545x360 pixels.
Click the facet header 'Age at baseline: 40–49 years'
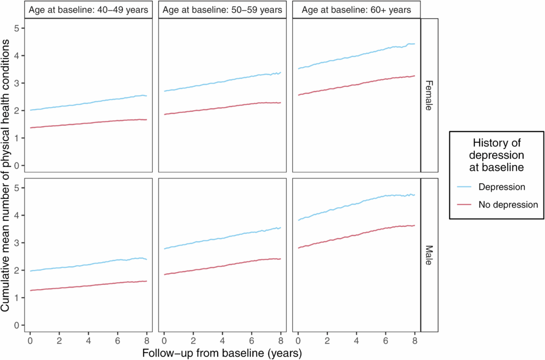(x=89, y=10)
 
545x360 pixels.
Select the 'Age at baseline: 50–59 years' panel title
(x=222, y=10)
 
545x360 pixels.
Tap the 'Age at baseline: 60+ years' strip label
(x=357, y=10)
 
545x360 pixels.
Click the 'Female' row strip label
(x=429, y=95)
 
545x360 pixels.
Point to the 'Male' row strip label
(x=429, y=255)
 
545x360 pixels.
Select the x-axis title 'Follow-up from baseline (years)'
(x=222, y=353)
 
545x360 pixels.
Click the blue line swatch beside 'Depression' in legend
(x=465, y=187)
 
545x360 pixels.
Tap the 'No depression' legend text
(x=508, y=204)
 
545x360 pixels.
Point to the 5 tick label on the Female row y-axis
(x=16, y=28)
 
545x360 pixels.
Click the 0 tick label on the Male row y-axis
(x=16, y=325)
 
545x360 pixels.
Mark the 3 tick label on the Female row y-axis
(x=16, y=83)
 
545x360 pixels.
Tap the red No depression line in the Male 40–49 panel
(x=89, y=285)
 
